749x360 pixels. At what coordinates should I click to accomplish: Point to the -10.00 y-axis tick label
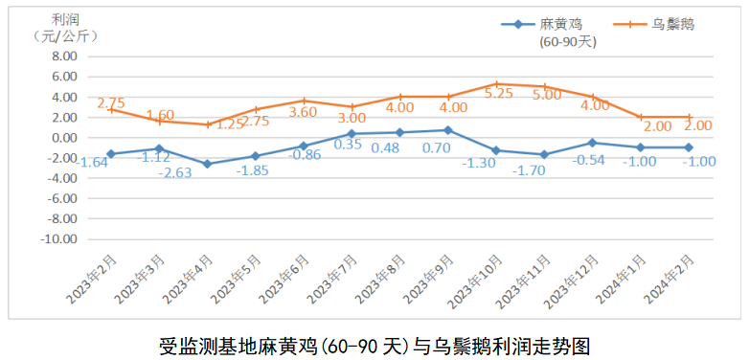click(x=57, y=239)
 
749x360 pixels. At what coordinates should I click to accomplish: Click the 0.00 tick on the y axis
click(x=61, y=137)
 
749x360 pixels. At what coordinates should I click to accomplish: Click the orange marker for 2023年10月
click(x=496, y=84)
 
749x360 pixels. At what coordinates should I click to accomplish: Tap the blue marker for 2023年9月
click(x=448, y=130)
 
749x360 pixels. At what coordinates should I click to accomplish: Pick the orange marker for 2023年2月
click(x=111, y=109)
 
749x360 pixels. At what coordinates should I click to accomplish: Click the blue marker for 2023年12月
click(x=593, y=143)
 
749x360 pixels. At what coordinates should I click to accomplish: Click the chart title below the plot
click(x=374, y=343)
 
